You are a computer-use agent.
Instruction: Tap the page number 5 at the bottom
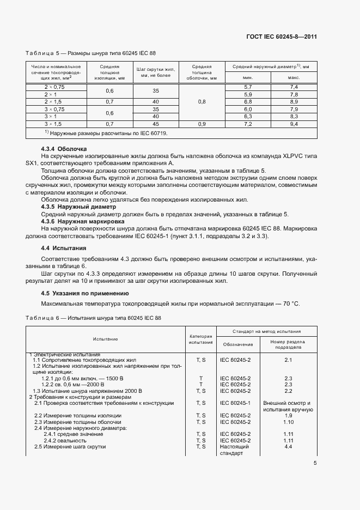click(315, 463)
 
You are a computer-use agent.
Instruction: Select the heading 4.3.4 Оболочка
click(64, 149)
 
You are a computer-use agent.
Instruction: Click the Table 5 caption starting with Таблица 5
click(90, 53)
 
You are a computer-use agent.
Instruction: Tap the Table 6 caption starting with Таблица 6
click(90, 317)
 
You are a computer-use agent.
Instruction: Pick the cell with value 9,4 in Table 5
click(294, 125)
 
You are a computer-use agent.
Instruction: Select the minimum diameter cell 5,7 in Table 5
click(248, 87)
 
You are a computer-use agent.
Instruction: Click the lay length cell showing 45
click(156, 125)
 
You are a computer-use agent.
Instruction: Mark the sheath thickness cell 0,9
click(202, 125)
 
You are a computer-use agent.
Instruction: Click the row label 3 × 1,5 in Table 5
click(54, 125)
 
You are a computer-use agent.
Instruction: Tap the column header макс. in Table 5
click(294, 78)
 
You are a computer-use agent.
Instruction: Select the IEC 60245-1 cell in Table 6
click(235, 403)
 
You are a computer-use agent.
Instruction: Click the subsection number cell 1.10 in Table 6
click(288, 422)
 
